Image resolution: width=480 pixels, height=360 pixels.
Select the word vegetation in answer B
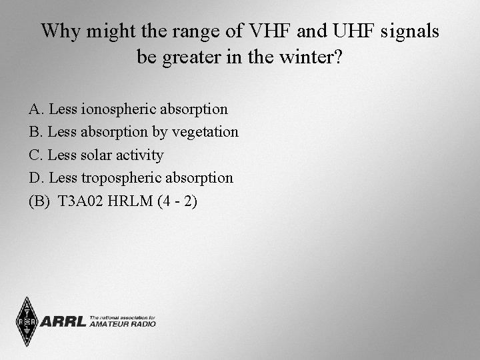click(205, 132)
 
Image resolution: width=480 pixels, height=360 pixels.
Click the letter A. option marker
click(36, 109)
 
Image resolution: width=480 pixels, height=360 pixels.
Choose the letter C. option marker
click(36, 155)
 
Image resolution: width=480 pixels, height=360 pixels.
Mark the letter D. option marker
click(36, 178)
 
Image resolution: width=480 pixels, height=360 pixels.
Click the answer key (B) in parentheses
click(39, 201)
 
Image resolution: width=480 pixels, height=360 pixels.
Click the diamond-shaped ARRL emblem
click(27, 321)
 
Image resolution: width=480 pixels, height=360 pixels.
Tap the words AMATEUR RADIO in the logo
click(122, 325)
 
